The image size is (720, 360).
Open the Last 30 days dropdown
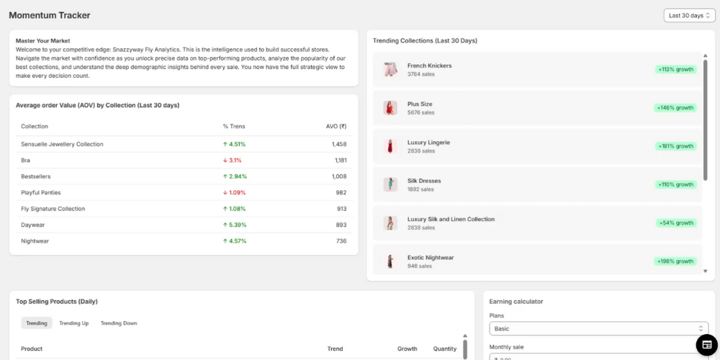pos(689,15)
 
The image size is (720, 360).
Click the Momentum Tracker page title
pos(50,15)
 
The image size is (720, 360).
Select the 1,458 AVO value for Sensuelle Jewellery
pos(339,144)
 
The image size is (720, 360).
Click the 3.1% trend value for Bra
pos(233,161)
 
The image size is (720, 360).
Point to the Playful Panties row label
pos(41,192)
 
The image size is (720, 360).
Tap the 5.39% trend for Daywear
pos(235,225)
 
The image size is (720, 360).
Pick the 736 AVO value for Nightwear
pos(341,241)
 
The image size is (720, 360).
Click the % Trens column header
pos(234,127)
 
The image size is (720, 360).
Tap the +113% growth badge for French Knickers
pos(675,70)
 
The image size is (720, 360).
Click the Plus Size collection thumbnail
pos(390,108)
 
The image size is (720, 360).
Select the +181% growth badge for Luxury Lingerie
pos(675,146)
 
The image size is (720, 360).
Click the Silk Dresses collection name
pos(424,181)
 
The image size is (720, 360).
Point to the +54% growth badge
pos(677,223)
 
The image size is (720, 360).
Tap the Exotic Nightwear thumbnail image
pos(390,261)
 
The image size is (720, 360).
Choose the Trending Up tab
pos(74,323)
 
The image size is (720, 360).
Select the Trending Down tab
pos(119,323)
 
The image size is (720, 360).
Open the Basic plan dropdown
pos(598,328)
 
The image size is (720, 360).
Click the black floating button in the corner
pos(706,345)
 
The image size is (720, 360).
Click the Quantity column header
pos(445,348)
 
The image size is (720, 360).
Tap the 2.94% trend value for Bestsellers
pos(235,176)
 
